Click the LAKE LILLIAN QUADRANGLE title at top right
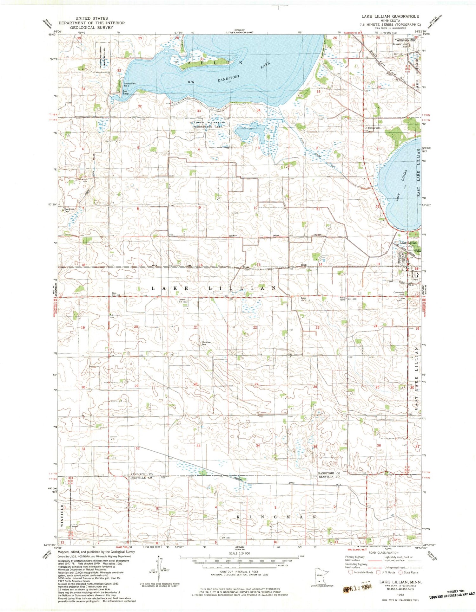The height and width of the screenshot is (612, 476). [x=390, y=16]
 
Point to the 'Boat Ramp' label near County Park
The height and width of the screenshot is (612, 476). [x=126, y=92]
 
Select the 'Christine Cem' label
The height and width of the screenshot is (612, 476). [x=206, y=343]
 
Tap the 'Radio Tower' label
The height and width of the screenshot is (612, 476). [x=342, y=299]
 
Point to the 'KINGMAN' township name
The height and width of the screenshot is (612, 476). [x=276, y=517]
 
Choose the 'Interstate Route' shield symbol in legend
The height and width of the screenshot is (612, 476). [x=350, y=572]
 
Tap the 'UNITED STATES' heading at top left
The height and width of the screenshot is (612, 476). [x=92, y=18]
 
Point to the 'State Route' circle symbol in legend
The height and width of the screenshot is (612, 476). [x=401, y=572]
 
